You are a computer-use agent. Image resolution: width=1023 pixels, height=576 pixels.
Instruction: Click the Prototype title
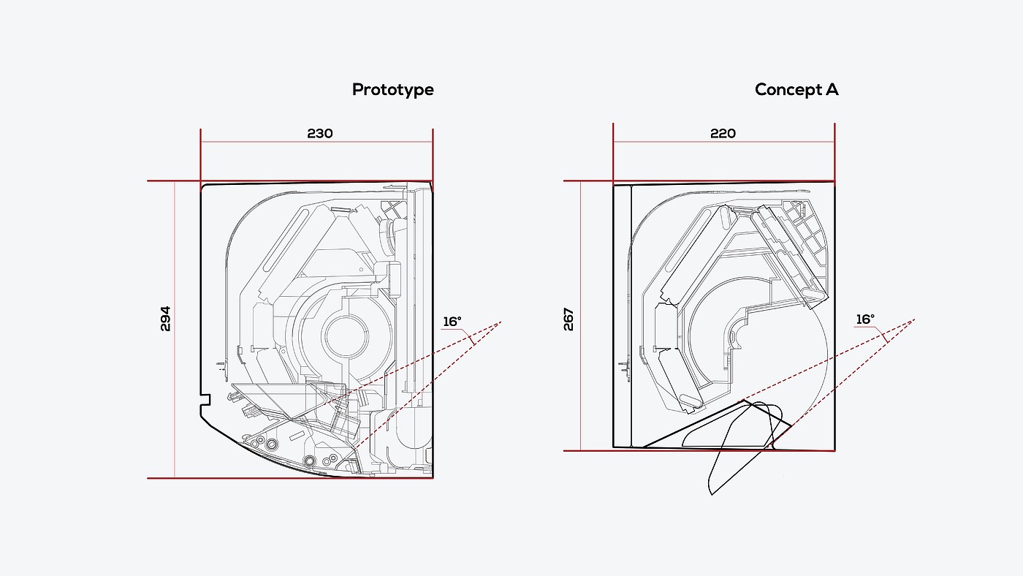tap(393, 90)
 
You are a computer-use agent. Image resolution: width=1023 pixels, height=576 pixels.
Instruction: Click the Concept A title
tap(796, 89)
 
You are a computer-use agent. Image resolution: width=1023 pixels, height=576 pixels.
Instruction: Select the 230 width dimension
tap(320, 133)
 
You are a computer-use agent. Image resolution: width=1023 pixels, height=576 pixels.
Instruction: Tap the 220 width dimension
tap(723, 133)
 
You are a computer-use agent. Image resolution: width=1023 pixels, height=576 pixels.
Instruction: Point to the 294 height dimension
tap(165, 319)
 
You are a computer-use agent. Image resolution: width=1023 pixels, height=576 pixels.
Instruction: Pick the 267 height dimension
tap(568, 319)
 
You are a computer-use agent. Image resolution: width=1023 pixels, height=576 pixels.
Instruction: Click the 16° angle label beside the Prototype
tap(452, 322)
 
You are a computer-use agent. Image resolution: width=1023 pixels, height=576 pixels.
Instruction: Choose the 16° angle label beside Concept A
tap(865, 319)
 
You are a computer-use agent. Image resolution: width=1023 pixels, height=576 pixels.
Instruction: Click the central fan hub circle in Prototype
tap(346, 336)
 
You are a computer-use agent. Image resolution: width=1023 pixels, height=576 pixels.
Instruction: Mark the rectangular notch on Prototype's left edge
tap(205, 400)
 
